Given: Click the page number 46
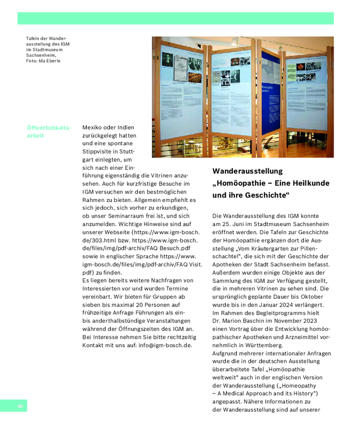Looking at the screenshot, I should (21, 406).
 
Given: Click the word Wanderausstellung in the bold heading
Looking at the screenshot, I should (248, 171).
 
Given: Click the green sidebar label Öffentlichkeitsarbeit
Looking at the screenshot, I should (49, 132).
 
